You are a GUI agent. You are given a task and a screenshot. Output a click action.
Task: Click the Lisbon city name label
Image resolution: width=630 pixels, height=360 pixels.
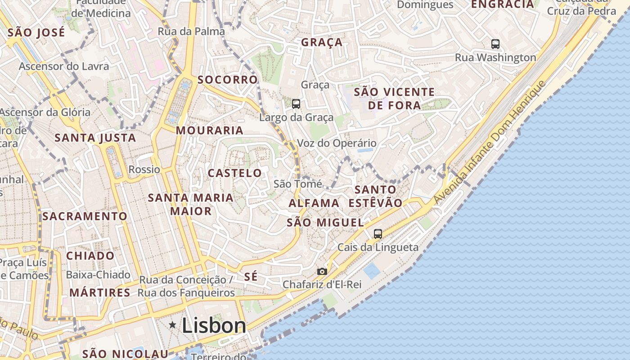tap(214, 325)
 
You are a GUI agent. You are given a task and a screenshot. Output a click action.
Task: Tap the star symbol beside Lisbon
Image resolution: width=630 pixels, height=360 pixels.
tap(172, 324)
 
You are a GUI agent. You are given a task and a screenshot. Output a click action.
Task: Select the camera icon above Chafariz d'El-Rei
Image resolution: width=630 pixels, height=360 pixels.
tap(322, 271)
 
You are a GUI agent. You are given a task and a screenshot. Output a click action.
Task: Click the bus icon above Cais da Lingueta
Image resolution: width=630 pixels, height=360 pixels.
tap(378, 234)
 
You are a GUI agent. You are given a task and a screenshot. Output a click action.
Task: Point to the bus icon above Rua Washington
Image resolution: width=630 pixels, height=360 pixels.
tap(495, 44)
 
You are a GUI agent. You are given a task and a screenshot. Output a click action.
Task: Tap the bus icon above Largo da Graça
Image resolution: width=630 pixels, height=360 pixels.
tap(296, 104)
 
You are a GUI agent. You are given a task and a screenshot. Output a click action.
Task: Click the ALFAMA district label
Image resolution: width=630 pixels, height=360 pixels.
tap(314, 203)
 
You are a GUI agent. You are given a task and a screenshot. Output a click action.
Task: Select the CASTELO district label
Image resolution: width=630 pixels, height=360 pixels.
tap(234, 173)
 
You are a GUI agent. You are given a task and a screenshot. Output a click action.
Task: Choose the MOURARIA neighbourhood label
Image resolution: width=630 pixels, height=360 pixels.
tap(209, 130)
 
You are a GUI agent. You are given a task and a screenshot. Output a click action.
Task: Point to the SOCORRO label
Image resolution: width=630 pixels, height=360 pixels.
tap(228, 80)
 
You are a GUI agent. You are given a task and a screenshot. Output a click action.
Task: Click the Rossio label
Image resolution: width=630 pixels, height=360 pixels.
tap(144, 170)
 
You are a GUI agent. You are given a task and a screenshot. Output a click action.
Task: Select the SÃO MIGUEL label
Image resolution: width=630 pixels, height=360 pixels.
tap(325, 222)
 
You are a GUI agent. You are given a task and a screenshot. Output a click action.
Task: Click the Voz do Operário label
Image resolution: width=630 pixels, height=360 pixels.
tap(337, 144)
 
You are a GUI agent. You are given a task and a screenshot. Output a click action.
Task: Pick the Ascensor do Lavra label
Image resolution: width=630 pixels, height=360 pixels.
tap(64, 67)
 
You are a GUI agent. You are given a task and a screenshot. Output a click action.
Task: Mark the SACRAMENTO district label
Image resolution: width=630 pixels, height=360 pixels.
tap(85, 216)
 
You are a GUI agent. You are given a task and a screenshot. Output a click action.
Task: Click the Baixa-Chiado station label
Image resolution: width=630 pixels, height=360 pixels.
tap(98, 274)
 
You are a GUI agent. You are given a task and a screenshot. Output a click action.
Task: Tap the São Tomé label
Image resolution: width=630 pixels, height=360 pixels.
tap(297, 184)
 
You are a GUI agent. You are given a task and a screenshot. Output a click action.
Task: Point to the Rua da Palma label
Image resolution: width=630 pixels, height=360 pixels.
tap(191, 31)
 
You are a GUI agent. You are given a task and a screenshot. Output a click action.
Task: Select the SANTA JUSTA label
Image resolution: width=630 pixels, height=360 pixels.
tap(95, 138)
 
